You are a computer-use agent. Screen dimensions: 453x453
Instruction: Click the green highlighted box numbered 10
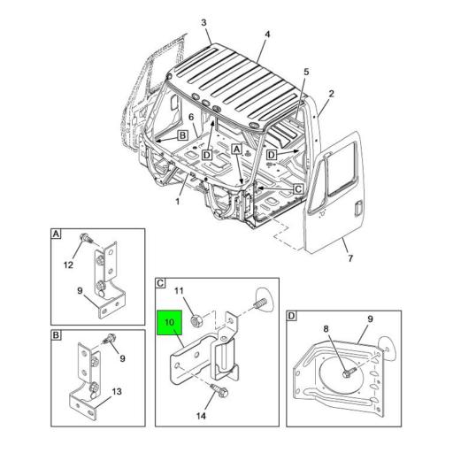click(170, 323)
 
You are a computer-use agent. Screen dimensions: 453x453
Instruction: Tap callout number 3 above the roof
click(203, 23)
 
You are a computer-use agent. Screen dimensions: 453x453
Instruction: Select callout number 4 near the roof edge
click(267, 35)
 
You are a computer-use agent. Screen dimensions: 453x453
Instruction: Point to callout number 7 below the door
click(350, 258)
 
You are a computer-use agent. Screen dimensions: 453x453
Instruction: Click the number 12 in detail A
click(68, 265)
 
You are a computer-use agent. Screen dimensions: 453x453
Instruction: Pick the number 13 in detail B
click(117, 392)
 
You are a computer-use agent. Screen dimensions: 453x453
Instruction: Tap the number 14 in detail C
click(201, 416)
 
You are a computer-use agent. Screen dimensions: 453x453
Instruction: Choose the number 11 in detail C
click(179, 291)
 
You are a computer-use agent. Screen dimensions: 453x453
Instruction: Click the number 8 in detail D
click(326, 328)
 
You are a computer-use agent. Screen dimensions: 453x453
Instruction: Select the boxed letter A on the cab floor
click(237, 150)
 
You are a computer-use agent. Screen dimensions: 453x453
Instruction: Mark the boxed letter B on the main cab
click(183, 135)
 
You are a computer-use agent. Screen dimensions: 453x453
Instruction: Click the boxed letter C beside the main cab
click(298, 189)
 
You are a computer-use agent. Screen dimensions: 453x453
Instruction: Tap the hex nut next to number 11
click(196, 320)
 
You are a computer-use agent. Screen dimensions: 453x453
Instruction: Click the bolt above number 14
click(219, 390)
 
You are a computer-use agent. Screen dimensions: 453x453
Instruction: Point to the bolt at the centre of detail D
click(349, 372)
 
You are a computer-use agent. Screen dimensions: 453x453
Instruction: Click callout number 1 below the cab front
click(178, 202)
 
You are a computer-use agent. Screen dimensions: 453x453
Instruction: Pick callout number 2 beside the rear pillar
click(332, 94)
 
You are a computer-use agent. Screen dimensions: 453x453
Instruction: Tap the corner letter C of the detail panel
click(160, 283)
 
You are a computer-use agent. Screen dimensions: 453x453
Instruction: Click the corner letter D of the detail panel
click(291, 316)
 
